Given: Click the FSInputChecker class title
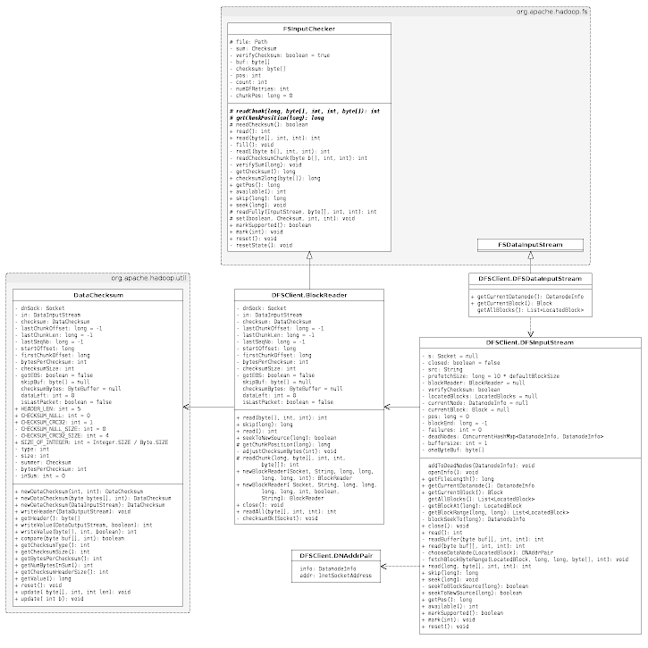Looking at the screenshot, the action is click(308, 29).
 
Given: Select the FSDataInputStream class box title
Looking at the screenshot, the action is click(529, 244).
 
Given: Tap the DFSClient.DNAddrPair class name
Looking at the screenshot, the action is click(337, 556).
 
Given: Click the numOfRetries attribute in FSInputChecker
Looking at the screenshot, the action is click(261, 88).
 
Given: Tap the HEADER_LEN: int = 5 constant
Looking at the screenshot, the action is click(50, 408).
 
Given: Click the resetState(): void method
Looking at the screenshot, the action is click(262, 244).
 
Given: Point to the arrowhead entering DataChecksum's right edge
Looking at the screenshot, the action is click(187, 407).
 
